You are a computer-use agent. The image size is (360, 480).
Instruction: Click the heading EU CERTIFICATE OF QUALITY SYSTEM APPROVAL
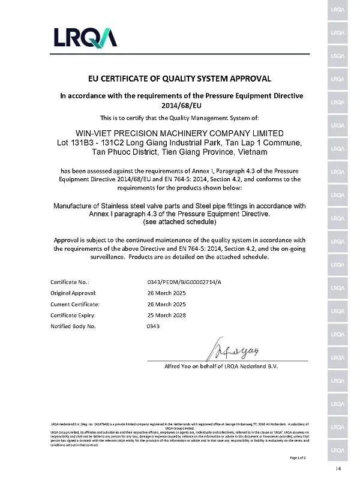click(179, 79)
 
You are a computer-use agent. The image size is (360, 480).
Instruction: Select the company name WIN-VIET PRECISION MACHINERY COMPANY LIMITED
click(179, 133)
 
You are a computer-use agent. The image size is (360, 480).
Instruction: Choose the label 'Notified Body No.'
click(73, 326)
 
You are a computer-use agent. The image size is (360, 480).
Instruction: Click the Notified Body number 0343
click(154, 326)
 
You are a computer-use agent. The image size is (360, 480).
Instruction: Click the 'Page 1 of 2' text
click(298, 458)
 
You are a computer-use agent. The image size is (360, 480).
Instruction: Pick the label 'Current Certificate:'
click(75, 304)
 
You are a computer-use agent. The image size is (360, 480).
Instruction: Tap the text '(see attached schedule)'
click(179, 222)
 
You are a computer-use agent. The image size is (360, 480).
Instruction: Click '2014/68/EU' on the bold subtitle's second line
click(179, 104)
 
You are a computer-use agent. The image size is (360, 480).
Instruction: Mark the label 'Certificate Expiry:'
click(74, 315)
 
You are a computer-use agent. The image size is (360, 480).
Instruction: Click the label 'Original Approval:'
click(74, 292)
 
